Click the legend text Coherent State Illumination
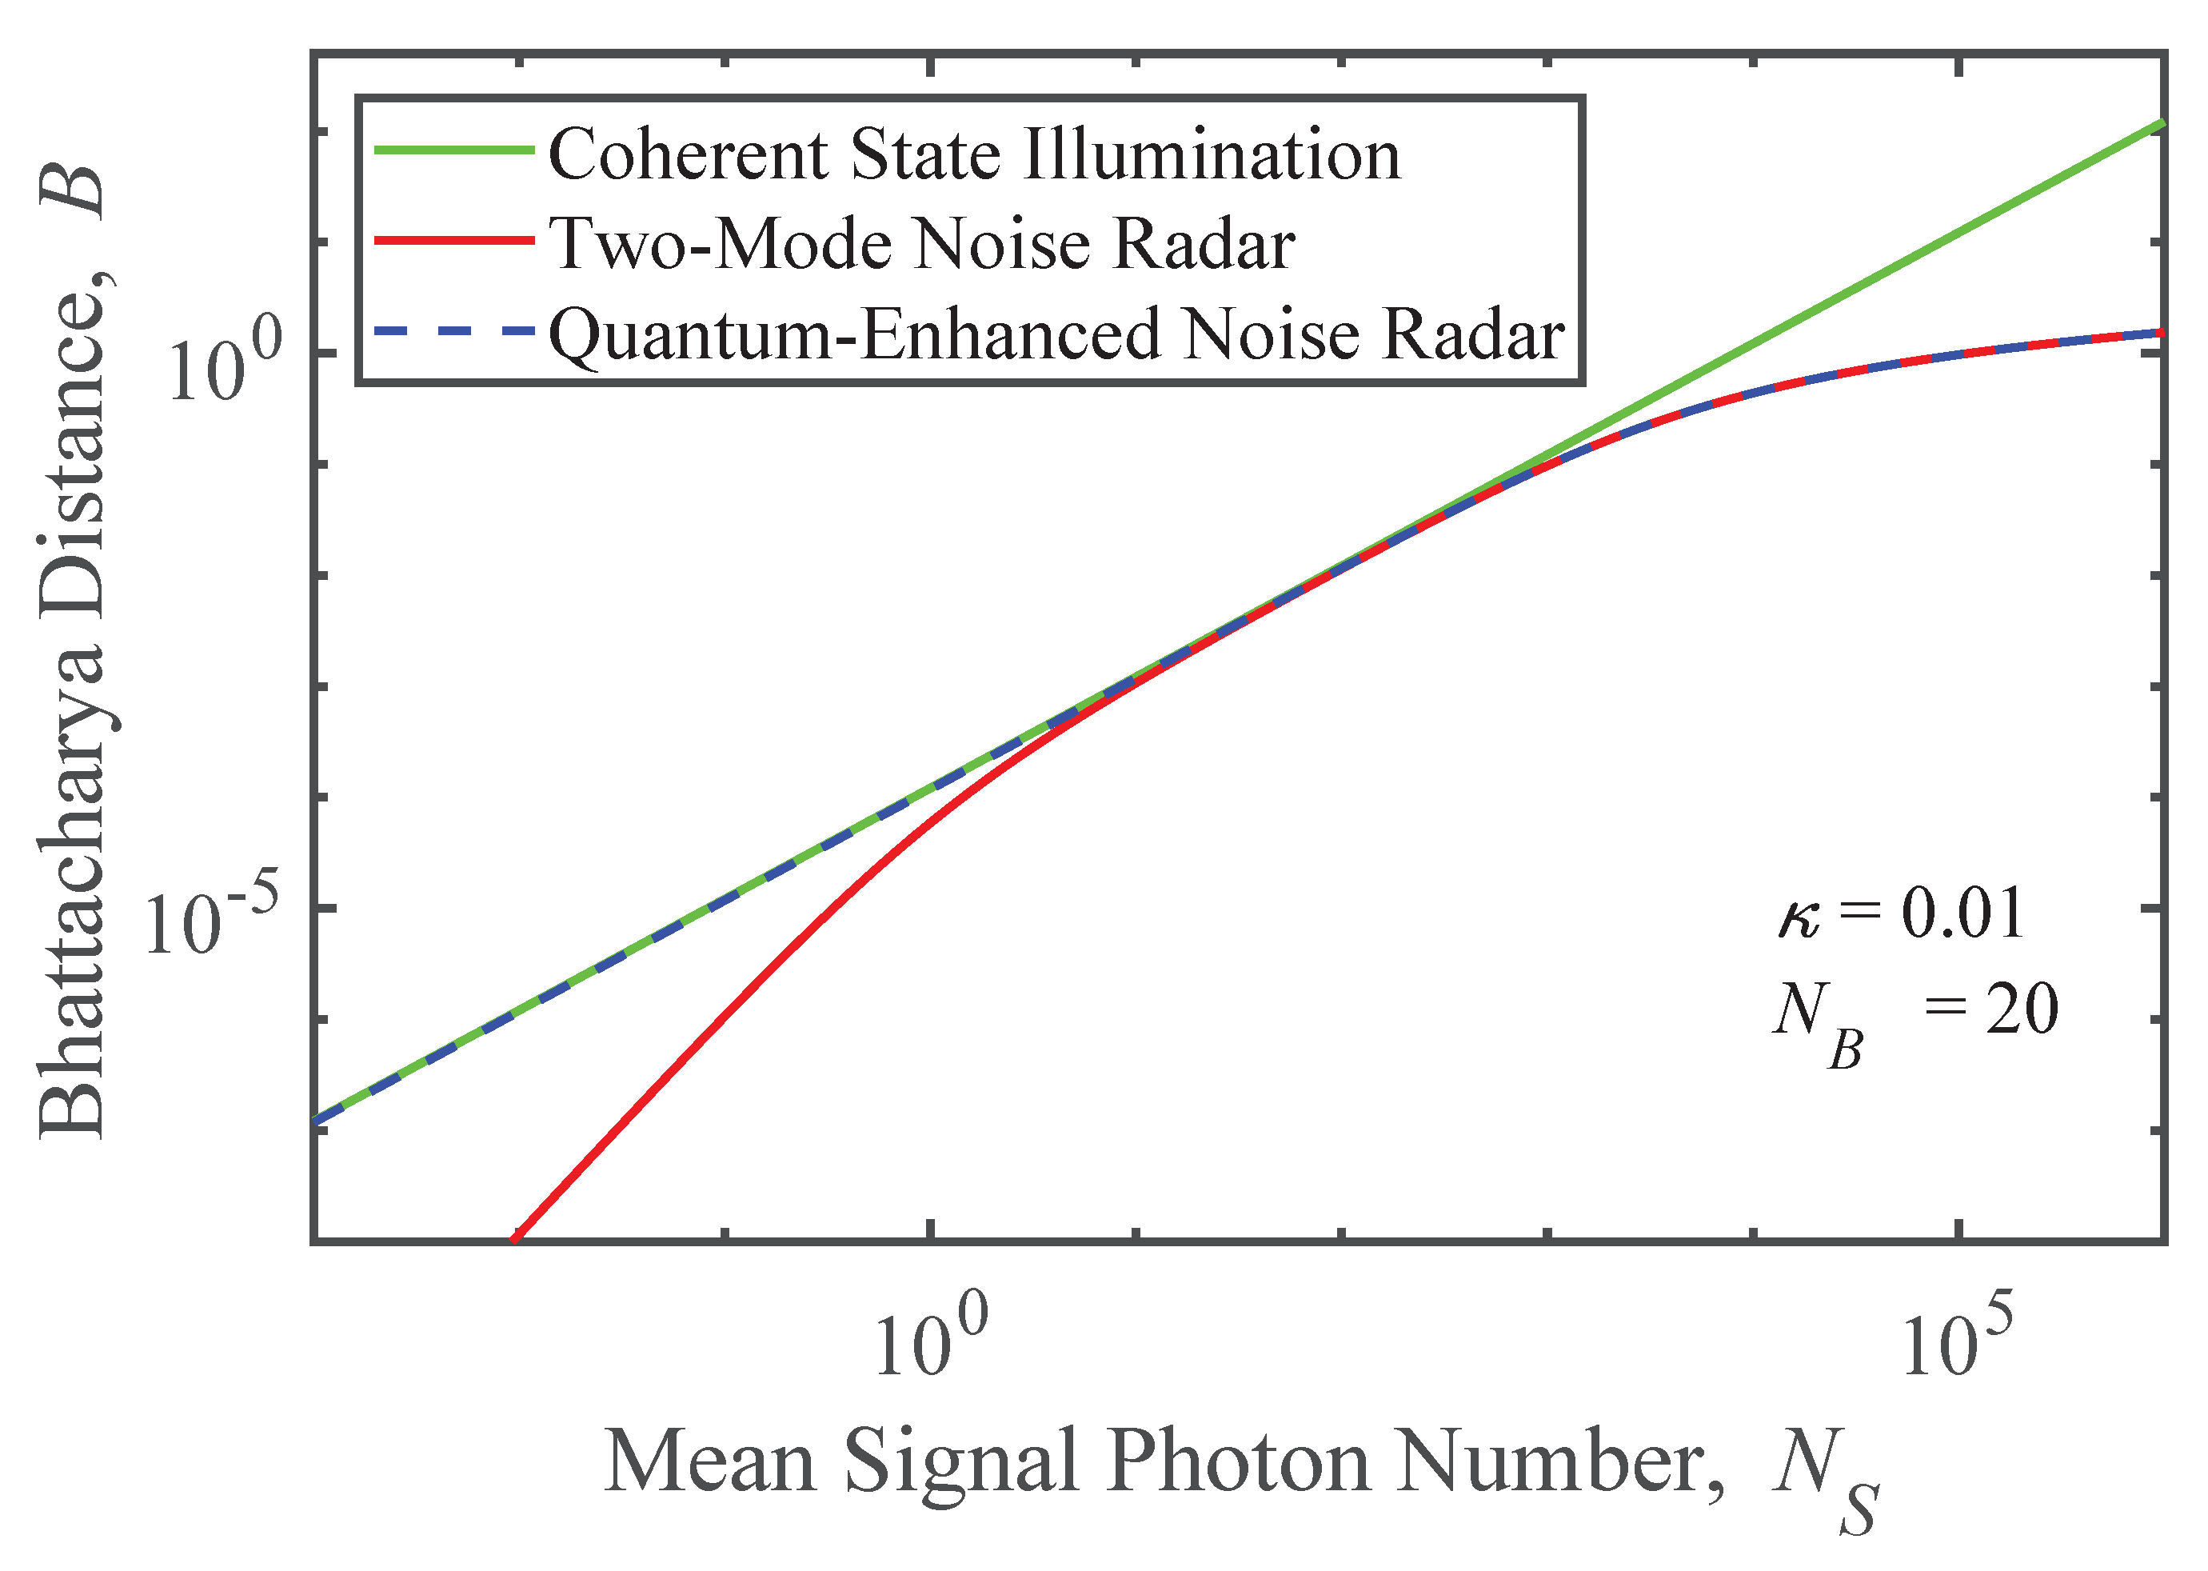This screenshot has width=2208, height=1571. [x=974, y=154]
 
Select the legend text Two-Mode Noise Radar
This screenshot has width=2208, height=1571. [x=923, y=244]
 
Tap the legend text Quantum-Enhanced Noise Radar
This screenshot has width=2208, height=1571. [x=1056, y=334]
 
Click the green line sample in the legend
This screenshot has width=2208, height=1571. [x=453, y=150]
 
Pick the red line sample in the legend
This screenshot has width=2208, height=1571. [x=453, y=240]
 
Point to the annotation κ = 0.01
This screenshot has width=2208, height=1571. [x=1900, y=913]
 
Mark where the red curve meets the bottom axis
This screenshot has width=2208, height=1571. [x=517, y=1239]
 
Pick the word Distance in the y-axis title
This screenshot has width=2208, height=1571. [x=73, y=464]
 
